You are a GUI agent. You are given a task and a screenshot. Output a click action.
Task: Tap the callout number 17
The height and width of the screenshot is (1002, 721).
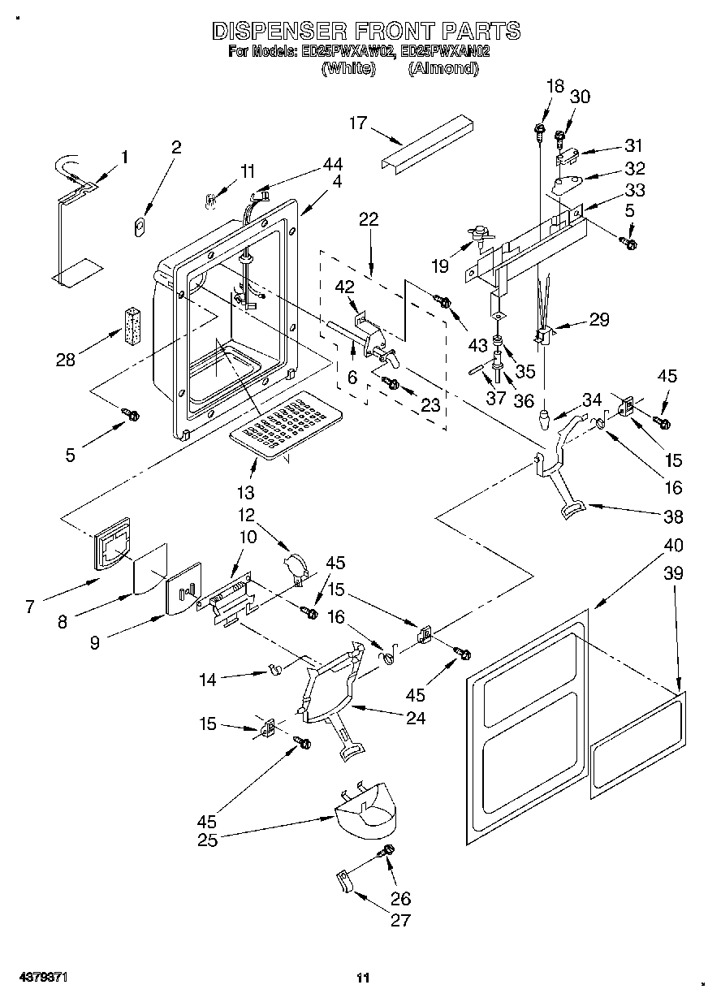(358, 123)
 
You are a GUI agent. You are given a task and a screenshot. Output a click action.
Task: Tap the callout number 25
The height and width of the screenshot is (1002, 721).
(207, 840)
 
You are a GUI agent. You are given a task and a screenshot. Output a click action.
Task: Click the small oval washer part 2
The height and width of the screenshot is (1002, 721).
(140, 225)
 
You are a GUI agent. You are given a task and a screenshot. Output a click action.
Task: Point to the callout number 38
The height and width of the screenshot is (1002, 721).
(673, 516)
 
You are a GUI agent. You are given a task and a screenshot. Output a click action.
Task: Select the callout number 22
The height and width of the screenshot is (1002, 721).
(369, 218)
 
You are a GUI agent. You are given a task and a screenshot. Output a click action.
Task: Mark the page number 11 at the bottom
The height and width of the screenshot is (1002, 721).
(363, 978)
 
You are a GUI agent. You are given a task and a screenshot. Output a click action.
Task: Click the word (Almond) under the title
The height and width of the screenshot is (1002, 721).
(443, 69)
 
